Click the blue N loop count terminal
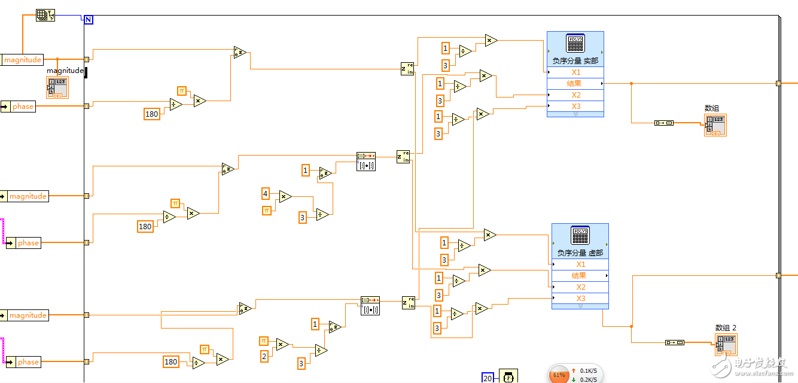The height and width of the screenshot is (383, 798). [x=89, y=20]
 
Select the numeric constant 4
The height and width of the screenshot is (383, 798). [x=266, y=193]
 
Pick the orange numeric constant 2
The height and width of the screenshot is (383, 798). [x=264, y=356]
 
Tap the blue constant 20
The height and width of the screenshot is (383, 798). [x=488, y=378]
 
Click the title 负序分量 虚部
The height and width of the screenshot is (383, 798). [x=580, y=253]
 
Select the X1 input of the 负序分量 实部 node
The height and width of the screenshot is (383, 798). [x=575, y=72]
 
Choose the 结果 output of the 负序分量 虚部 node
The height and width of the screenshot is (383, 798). [x=579, y=276]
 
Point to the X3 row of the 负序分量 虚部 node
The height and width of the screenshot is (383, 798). [x=580, y=299]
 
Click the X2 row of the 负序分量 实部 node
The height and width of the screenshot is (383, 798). [x=575, y=95]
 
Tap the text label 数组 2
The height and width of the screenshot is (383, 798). [x=726, y=327]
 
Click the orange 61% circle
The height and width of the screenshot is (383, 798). [x=559, y=375]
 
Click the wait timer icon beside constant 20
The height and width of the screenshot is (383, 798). [x=508, y=377]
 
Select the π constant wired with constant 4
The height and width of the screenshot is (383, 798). [x=267, y=210]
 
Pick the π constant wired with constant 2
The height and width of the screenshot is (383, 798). [x=264, y=341]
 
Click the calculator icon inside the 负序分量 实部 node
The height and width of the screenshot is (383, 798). [x=575, y=44]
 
